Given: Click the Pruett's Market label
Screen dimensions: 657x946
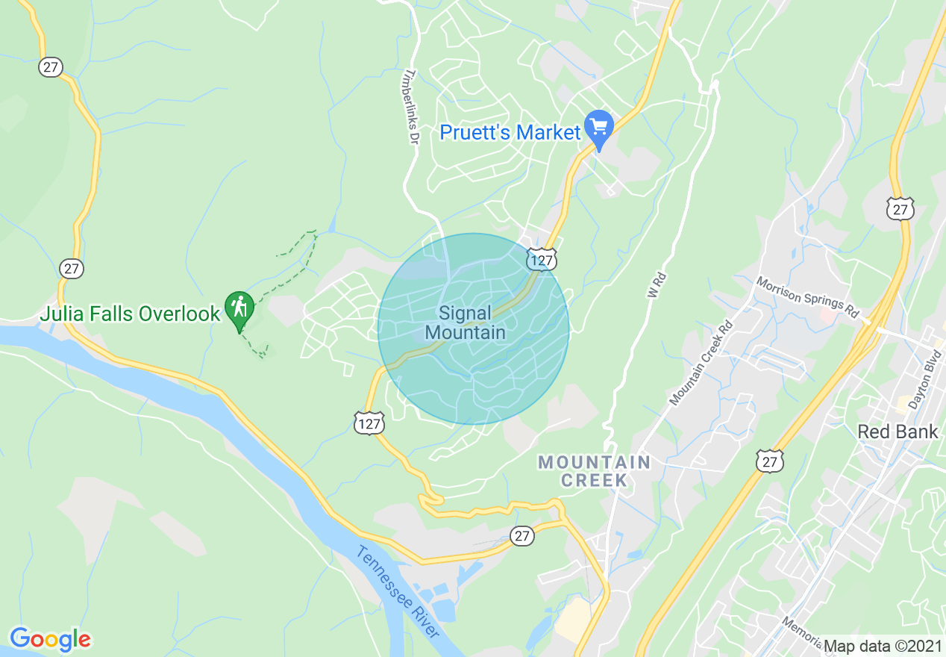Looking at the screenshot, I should [x=510, y=133].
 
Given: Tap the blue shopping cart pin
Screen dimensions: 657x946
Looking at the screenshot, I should [x=598, y=129].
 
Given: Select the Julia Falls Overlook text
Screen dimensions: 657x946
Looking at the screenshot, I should [x=130, y=314].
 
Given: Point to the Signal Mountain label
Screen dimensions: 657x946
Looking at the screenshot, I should [x=466, y=323].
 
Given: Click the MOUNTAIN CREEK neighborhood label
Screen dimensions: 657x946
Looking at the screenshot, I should [x=595, y=471].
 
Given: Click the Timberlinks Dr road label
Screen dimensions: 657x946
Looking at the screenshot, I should [x=410, y=107].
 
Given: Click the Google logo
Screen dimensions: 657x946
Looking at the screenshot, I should [x=50, y=639].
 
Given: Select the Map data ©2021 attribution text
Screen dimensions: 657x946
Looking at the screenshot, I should [x=883, y=645].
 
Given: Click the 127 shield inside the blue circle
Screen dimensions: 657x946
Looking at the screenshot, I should [x=541, y=259].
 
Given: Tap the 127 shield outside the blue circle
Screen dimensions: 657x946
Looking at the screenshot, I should [x=370, y=423].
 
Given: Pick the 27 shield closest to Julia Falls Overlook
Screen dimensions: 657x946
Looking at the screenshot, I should [x=72, y=269].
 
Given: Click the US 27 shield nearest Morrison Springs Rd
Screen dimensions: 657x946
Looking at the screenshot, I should [x=901, y=209].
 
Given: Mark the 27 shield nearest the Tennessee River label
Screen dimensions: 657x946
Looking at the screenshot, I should [x=523, y=535].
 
